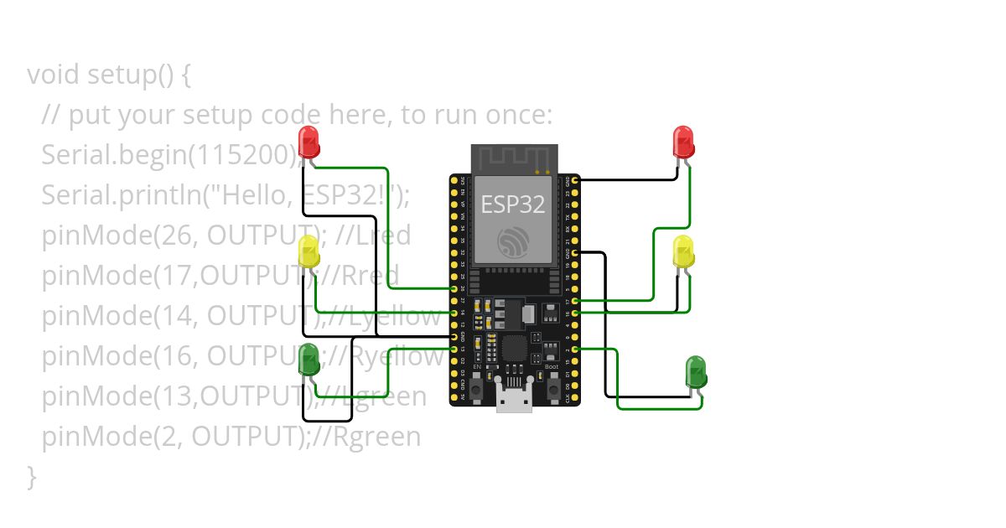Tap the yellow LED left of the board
pos(309,251)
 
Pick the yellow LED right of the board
pos(683,251)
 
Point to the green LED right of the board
pos(696,370)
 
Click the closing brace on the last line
pos(32,476)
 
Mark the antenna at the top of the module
pos(514,158)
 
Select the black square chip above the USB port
pos(513,346)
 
